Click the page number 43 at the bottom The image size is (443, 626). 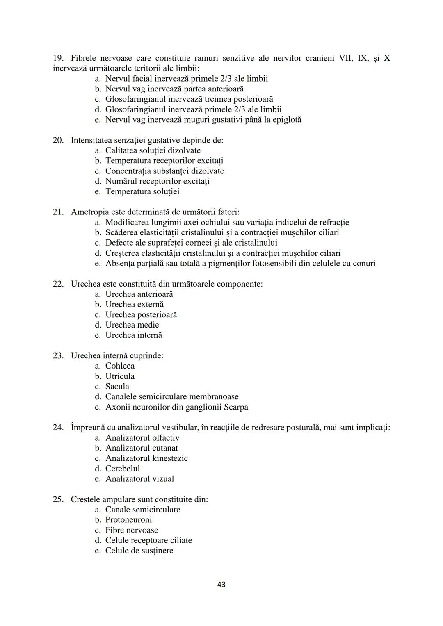[221, 584]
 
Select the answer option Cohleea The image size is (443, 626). [120, 366]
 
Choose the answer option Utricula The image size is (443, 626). [120, 376]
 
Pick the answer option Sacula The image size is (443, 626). [117, 386]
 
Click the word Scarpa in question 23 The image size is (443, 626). [236, 407]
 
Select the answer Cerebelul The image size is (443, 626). [122, 468]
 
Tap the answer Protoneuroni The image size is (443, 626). [128, 519]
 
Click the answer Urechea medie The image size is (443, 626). [132, 325]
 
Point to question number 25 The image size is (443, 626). [58, 499]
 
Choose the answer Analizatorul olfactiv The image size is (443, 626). [142, 438]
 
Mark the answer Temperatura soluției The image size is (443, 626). [142, 191]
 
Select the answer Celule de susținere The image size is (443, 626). [139, 551]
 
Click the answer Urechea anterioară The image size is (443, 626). [139, 294]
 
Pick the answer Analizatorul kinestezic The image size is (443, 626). [146, 458]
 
